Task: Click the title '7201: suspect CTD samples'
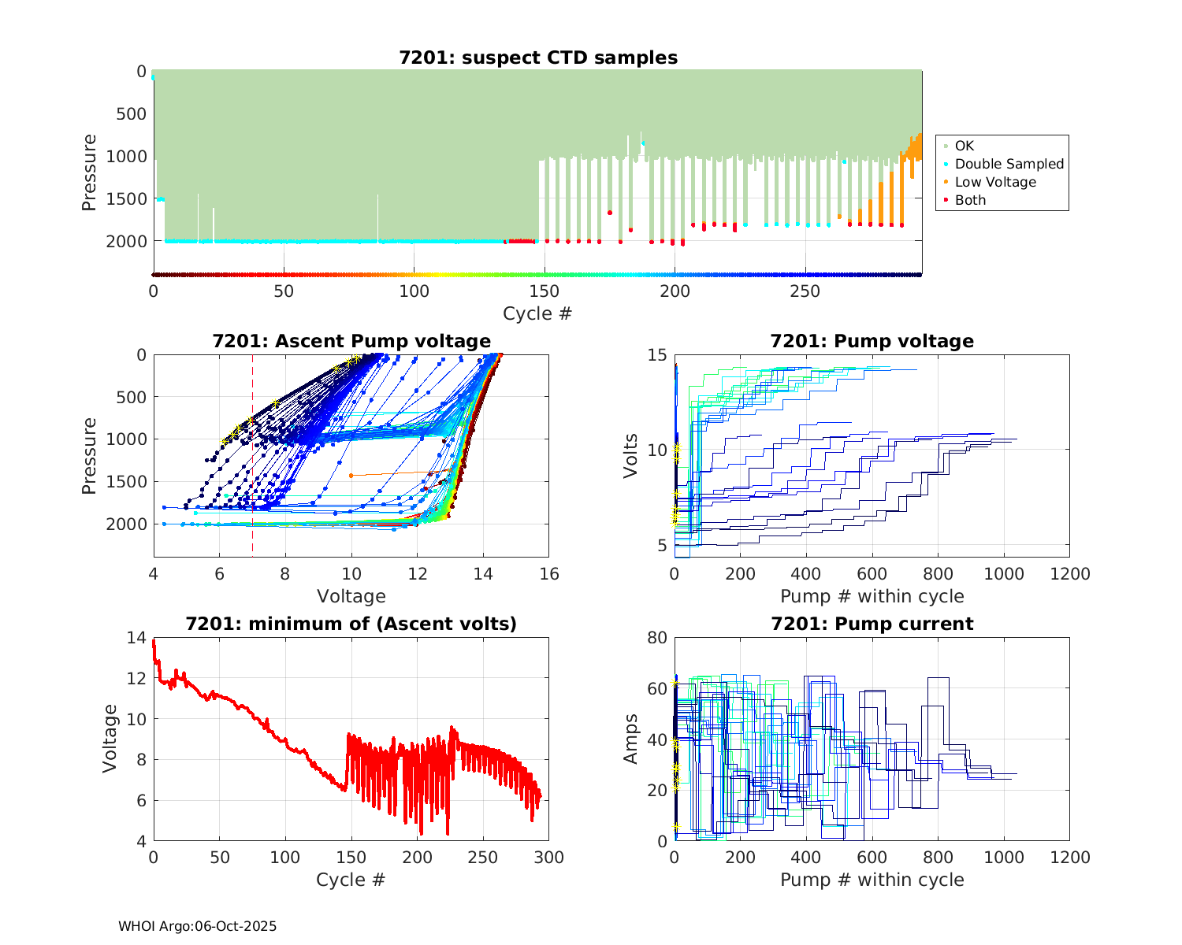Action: click(538, 57)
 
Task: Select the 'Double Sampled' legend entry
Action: click(1009, 164)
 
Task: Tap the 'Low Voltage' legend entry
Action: click(995, 182)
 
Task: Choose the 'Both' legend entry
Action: click(970, 200)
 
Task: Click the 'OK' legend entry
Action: click(964, 146)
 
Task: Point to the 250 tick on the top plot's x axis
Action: click(805, 291)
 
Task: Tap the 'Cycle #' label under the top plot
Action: click(537, 313)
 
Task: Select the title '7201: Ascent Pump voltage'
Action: click(351, 341)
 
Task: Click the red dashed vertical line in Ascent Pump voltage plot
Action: click(252, 472)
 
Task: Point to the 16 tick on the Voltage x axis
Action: click(549, 574)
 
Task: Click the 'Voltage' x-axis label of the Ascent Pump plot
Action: click(351, 596)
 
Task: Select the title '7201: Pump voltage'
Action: click(872, 341)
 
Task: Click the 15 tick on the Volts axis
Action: click(658, 355)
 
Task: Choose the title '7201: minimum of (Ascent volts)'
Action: click(351, 624)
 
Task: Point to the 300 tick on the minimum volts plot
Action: click(549, 858)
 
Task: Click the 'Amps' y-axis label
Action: click(630, 739)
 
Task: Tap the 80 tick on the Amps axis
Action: click(658, 637)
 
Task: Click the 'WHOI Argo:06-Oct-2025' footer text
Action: click(198, 926)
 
